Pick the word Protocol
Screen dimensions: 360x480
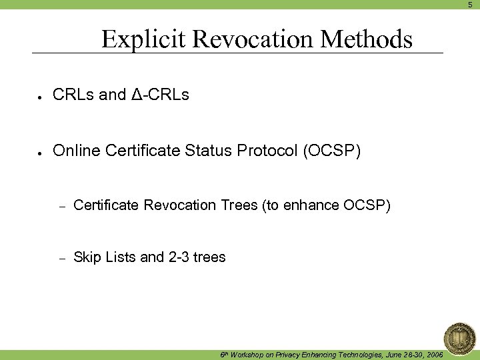coord(274,151)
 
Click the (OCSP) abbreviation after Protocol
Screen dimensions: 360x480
coord(332,151)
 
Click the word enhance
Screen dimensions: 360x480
coord(311,205)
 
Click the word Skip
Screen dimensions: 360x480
coord(87,257)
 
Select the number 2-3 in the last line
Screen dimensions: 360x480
coord(178,257)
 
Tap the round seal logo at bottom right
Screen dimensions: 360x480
coord(459,337)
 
